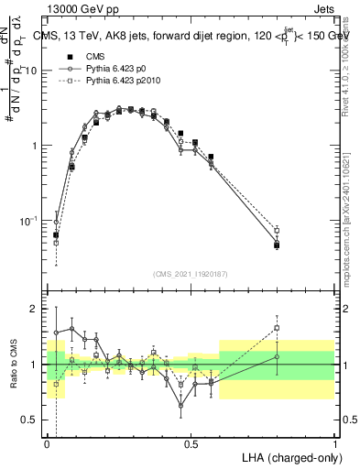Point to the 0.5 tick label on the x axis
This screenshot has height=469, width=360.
tap(191, 442)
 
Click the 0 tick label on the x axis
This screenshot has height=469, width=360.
tap(48, 442)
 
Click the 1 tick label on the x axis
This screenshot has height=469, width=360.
tap(334, 442)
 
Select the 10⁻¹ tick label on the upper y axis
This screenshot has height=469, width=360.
tap(30, 220)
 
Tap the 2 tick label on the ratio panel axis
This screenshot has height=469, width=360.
tap(37, 310)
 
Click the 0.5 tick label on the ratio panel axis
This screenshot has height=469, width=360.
tap(32, 420)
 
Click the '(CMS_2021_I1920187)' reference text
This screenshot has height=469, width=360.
tap(191, 274)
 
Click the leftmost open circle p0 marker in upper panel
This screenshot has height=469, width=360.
tap(56, 222)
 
